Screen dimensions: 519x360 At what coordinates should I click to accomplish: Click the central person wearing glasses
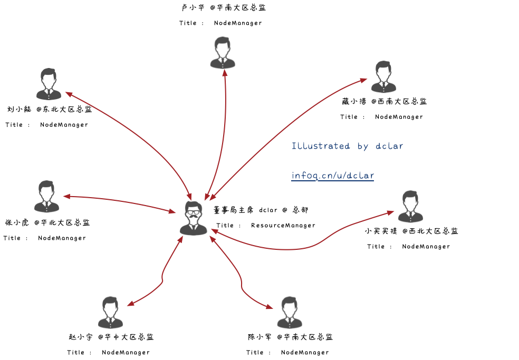[x=194, y=218]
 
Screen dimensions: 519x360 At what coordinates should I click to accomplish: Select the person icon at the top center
[x=223, y=53]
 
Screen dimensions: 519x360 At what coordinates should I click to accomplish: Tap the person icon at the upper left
[x=49, y=84]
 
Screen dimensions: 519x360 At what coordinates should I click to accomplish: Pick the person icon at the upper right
[x=383, y=77]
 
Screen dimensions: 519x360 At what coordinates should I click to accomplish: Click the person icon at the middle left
[x=46, y=197]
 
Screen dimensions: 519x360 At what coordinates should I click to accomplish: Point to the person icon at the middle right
[x=410, y=207]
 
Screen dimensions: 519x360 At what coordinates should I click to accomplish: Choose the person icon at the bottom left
[x=110, y=313]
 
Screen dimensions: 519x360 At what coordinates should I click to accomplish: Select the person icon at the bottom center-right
[x=290, y=313]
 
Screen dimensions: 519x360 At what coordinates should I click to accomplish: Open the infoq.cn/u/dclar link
[x=332, y=176]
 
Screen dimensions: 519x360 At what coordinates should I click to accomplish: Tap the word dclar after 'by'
[x=389, y=146]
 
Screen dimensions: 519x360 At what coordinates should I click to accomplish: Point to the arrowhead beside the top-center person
[x=225, y=73]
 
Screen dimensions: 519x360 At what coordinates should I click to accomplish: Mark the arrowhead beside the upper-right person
[x=363, y=80]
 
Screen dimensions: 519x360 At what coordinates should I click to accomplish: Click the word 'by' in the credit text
[x=363, y=146]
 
